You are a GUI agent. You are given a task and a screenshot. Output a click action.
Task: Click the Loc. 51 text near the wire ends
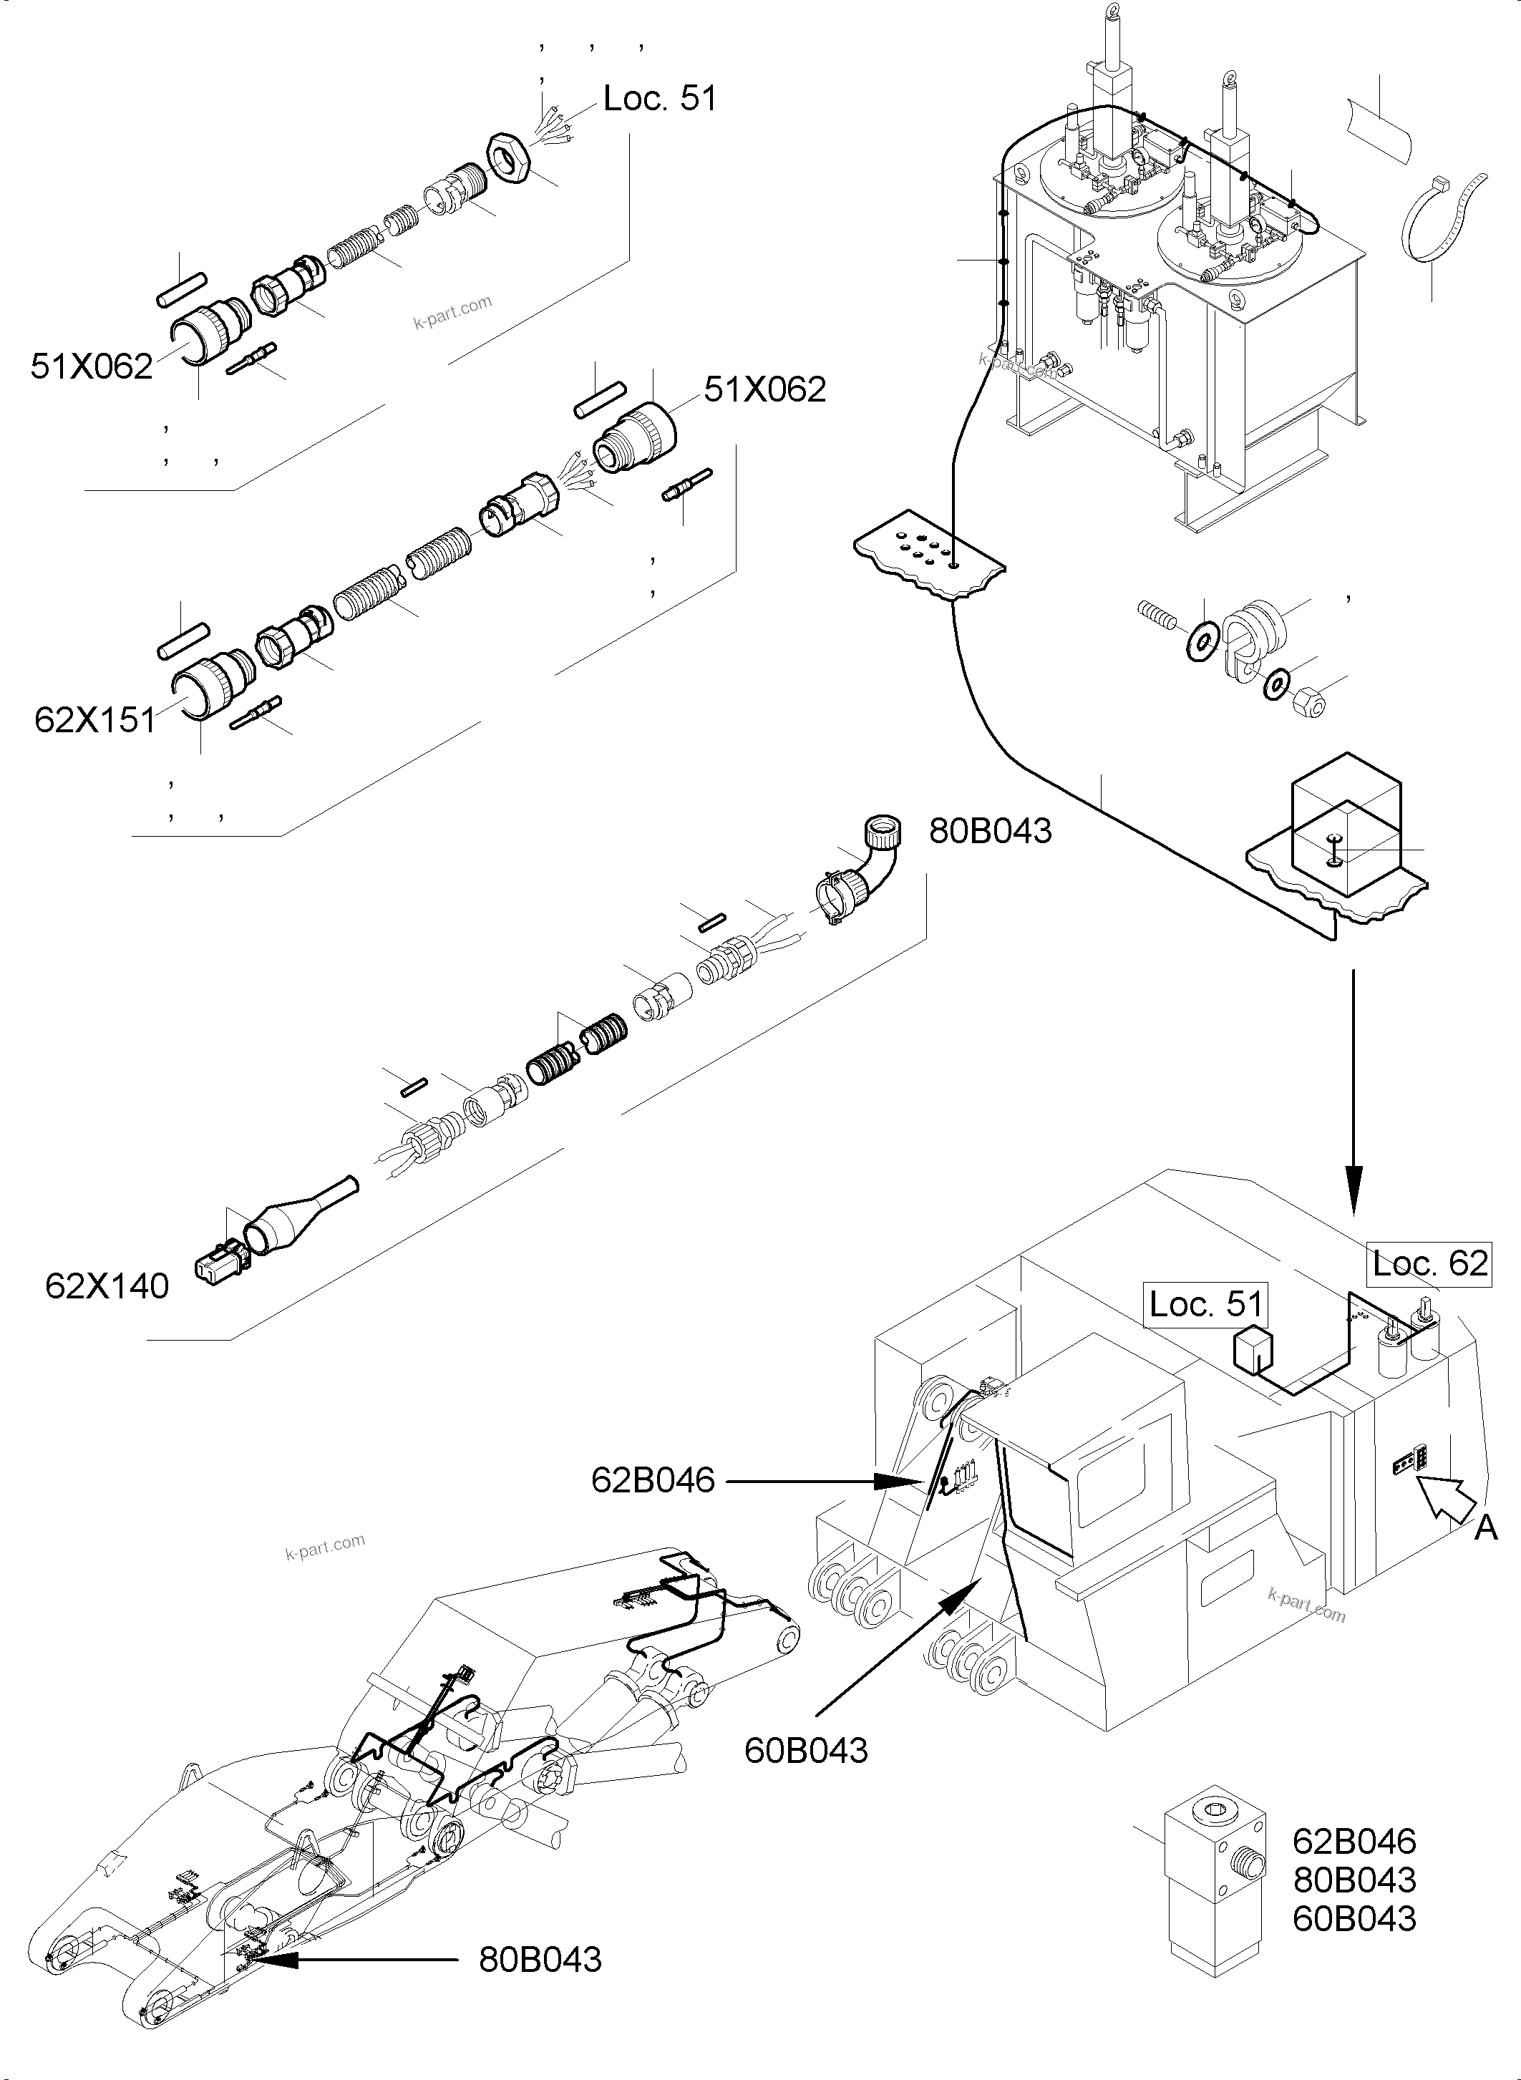[659, 99]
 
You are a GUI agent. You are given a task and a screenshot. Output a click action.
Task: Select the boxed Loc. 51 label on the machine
[1205, 1304]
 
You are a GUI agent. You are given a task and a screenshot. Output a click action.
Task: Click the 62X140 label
[107, 1286]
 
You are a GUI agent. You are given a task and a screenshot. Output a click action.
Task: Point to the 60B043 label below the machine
[806, 1750]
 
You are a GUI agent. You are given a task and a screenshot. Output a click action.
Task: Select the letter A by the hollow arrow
[1485, 1528]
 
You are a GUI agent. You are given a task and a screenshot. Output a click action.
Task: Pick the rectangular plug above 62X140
[218, 1258]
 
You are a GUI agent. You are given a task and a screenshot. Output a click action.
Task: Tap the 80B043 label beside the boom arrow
[540, 1959]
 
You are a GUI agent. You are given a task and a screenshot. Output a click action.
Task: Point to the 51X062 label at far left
[91, 367]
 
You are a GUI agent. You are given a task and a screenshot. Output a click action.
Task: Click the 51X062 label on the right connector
[765, 390]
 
